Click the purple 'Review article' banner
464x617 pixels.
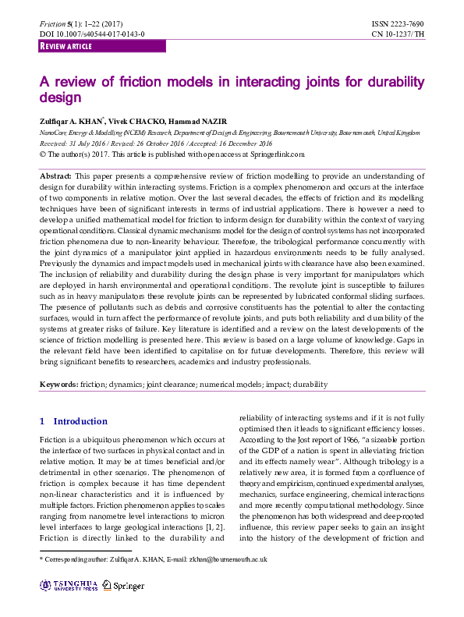tap(101, 47)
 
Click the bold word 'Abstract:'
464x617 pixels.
tap(56, 177)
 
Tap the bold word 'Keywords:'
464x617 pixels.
tap(58, 385)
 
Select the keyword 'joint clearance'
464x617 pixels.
tap(165, 385)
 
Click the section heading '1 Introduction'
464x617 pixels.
tap(73, 421)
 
